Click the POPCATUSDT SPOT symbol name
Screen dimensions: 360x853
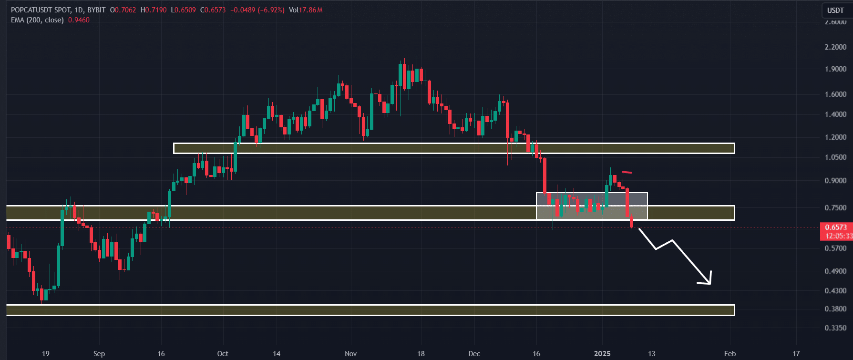tap(41, 10)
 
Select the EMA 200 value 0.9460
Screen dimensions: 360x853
tap(79, 20)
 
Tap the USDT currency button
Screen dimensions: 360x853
tap(835, 10)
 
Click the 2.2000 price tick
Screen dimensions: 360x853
tap(835, 47)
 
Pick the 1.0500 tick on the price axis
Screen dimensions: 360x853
tap(835, 157)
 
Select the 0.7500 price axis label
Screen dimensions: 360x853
tap(835, 208)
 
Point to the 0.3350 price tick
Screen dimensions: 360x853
tap(835, 328)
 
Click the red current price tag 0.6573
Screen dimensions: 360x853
tap(836, 227)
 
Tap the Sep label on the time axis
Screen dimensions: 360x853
tap(99, 354)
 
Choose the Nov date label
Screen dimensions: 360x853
tap(350, 354)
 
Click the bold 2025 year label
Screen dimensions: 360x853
tap(602, 354)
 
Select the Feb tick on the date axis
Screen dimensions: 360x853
tap(730, 354)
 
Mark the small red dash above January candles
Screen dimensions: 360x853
tap(627, 172)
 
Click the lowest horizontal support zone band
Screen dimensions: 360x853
tap(370, 310)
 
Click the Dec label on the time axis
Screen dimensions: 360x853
tap(474, 354)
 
